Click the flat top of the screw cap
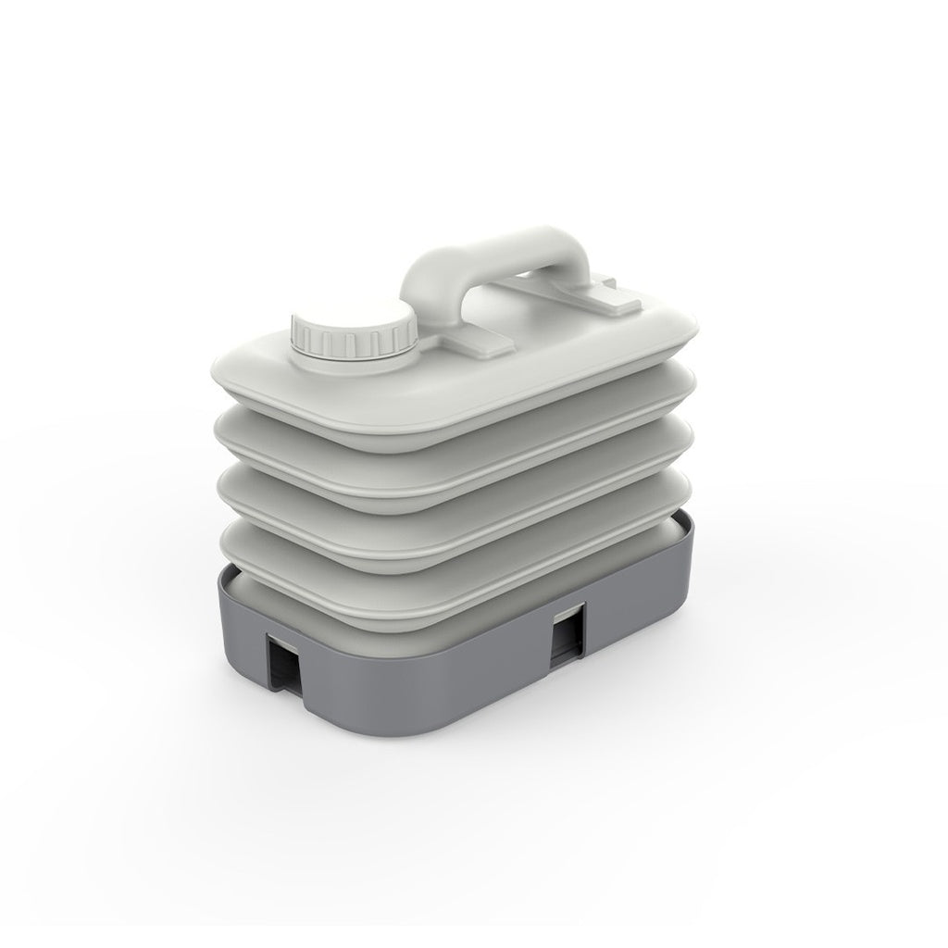[353, 320]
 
